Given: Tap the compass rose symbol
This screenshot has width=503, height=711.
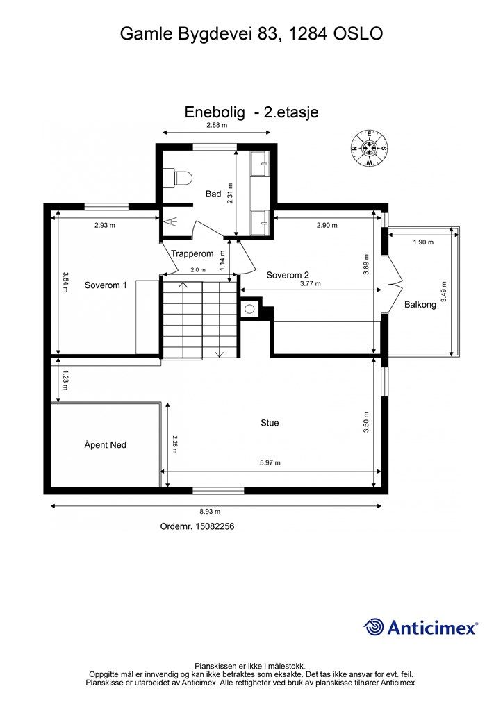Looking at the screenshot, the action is point(369,148).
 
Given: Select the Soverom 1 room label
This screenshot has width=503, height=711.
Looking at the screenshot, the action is point(106,285).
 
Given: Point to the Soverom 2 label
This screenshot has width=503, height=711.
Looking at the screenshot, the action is point(288,275).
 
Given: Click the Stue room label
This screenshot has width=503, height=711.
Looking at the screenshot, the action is point(270,423).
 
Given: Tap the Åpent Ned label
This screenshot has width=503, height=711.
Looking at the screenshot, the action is point(105,445).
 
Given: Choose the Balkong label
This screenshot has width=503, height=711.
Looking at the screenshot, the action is point(420,305).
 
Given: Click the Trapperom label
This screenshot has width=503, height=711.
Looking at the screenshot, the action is point(192,254).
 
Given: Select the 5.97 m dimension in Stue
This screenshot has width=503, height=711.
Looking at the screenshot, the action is point(270,463).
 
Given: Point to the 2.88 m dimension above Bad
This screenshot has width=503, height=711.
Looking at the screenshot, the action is point(216,125).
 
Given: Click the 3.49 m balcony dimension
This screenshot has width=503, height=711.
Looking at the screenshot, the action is point(444,292).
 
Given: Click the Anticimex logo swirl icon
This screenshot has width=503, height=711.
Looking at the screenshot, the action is point(374,627).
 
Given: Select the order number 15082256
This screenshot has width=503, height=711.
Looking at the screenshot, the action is point(215,526).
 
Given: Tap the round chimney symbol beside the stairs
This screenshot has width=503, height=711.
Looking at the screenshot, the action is point(249,309).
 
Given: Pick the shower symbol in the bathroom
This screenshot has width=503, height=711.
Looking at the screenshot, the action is point(171,221).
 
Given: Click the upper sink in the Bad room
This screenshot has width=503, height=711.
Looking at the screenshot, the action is point(260,164).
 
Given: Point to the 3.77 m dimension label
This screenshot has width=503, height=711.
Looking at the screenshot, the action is point(311,284).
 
